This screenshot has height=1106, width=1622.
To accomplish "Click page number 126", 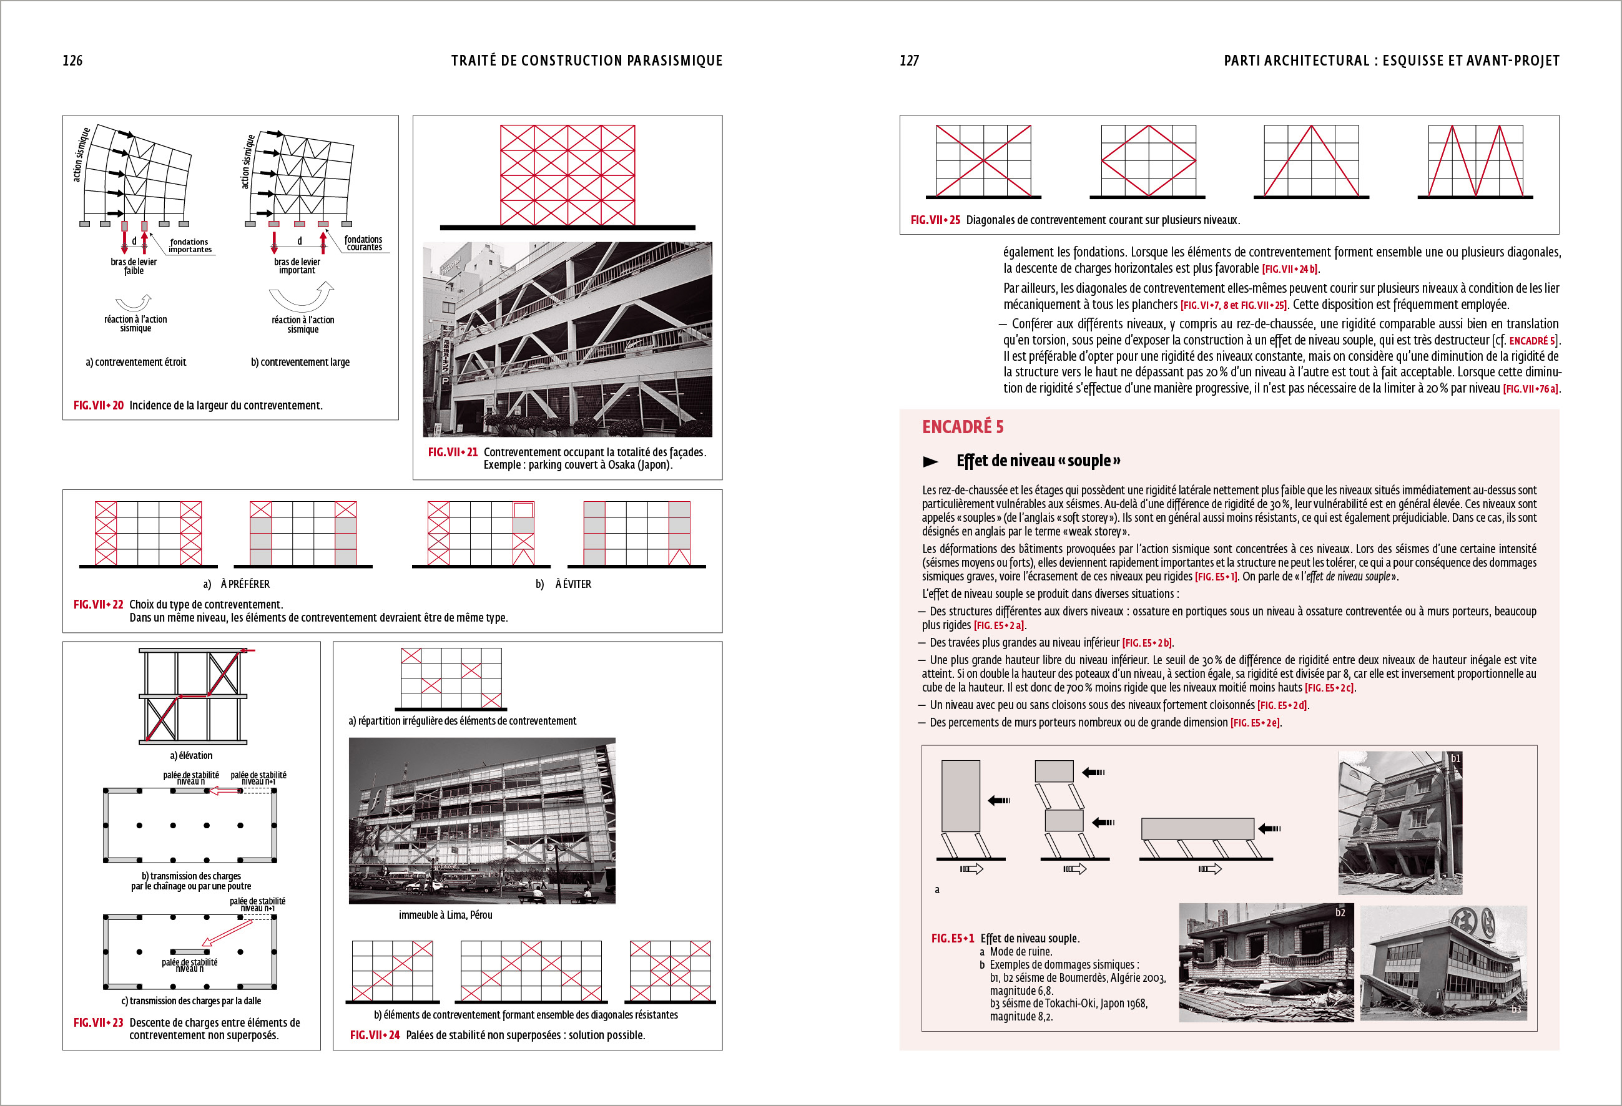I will (x=72, y=61).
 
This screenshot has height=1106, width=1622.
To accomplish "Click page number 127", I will (x=909, y=61).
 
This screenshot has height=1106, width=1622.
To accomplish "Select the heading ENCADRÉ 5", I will (x=963, y=427).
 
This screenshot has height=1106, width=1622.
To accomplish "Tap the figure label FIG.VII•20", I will (x=99, y=406).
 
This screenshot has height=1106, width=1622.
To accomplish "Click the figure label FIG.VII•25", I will (x=935, y=220).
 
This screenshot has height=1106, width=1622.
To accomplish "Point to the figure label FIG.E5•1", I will (x=953, y=939).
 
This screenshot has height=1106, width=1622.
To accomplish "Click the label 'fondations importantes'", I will (x=189, y=246).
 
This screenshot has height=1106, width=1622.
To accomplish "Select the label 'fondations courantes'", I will (x=363, y=243).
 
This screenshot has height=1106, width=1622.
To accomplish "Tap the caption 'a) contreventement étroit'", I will (x=136, y=362).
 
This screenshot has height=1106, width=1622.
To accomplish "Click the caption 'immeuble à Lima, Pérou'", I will (x=445, y=915).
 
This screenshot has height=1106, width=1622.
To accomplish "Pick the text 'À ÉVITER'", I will (x=573, y=584).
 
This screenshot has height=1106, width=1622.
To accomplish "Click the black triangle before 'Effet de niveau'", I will (x=930, y=461).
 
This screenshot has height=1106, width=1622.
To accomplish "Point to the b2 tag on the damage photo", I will (x=1340, y=913).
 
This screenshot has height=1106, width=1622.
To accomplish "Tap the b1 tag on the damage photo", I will (x=1455, y=758).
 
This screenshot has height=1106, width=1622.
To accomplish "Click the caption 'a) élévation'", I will (x=191, y=756).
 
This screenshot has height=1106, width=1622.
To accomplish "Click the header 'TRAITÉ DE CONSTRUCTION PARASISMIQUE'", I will (x=586, y=61).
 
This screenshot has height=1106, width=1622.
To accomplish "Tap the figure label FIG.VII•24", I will (x=375, y=1035).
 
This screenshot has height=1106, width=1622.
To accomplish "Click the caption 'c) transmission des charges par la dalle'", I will (x=191, y=1001).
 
